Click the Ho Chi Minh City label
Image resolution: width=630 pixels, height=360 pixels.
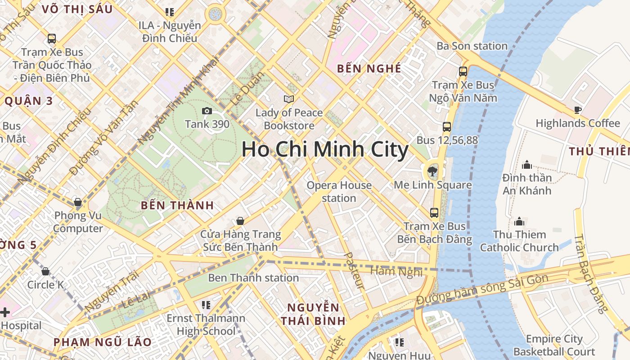pyautogui.click(x=325, y=149)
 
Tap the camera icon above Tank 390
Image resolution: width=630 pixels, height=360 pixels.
pyautogui.click(x=207, y=111)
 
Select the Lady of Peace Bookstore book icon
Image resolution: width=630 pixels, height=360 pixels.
pyautogui.click(x=288, y=99)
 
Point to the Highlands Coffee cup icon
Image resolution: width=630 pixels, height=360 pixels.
pyautogui.click(x=578, y=110)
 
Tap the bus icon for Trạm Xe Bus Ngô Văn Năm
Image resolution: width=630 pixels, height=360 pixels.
pyautogui.click(x=463, y=71)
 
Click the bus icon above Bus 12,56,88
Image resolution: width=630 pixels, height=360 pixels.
pyautogui.click(x=446, y=127)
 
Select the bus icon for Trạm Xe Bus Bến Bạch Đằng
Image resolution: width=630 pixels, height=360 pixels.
pyautogui.click(x=434, y=213)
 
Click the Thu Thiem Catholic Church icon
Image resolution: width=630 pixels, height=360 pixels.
pyautogui.click(x=519, y=221)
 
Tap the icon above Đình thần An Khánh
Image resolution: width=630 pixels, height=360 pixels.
pyautogui.click(x=526, y=165)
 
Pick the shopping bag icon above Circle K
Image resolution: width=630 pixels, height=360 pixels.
pyautogui.click(x=45, y=271)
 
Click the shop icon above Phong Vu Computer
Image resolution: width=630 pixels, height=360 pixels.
pyautogui.click(x=78, y=202)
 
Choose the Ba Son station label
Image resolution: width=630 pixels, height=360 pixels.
pyautogui.click(x=472, y=46)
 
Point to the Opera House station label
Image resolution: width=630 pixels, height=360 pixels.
pyautogui.click(x=339, y=192)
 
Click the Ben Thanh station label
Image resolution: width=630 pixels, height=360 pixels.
pyautogui.click(x=253, y=278)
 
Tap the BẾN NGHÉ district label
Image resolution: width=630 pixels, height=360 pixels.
pyautogui.click(x=369, y=68)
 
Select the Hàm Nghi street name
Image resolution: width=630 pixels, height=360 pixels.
pyautogui.click(x=396, y=271)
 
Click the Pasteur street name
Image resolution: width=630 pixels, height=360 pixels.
pyautogui.click(x=354, y=270)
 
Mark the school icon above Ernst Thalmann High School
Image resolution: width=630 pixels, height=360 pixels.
pyautogui.click(x=206, y=305)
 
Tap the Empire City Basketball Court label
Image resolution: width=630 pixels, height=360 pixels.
pyautogui.click(x=554, y=345)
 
